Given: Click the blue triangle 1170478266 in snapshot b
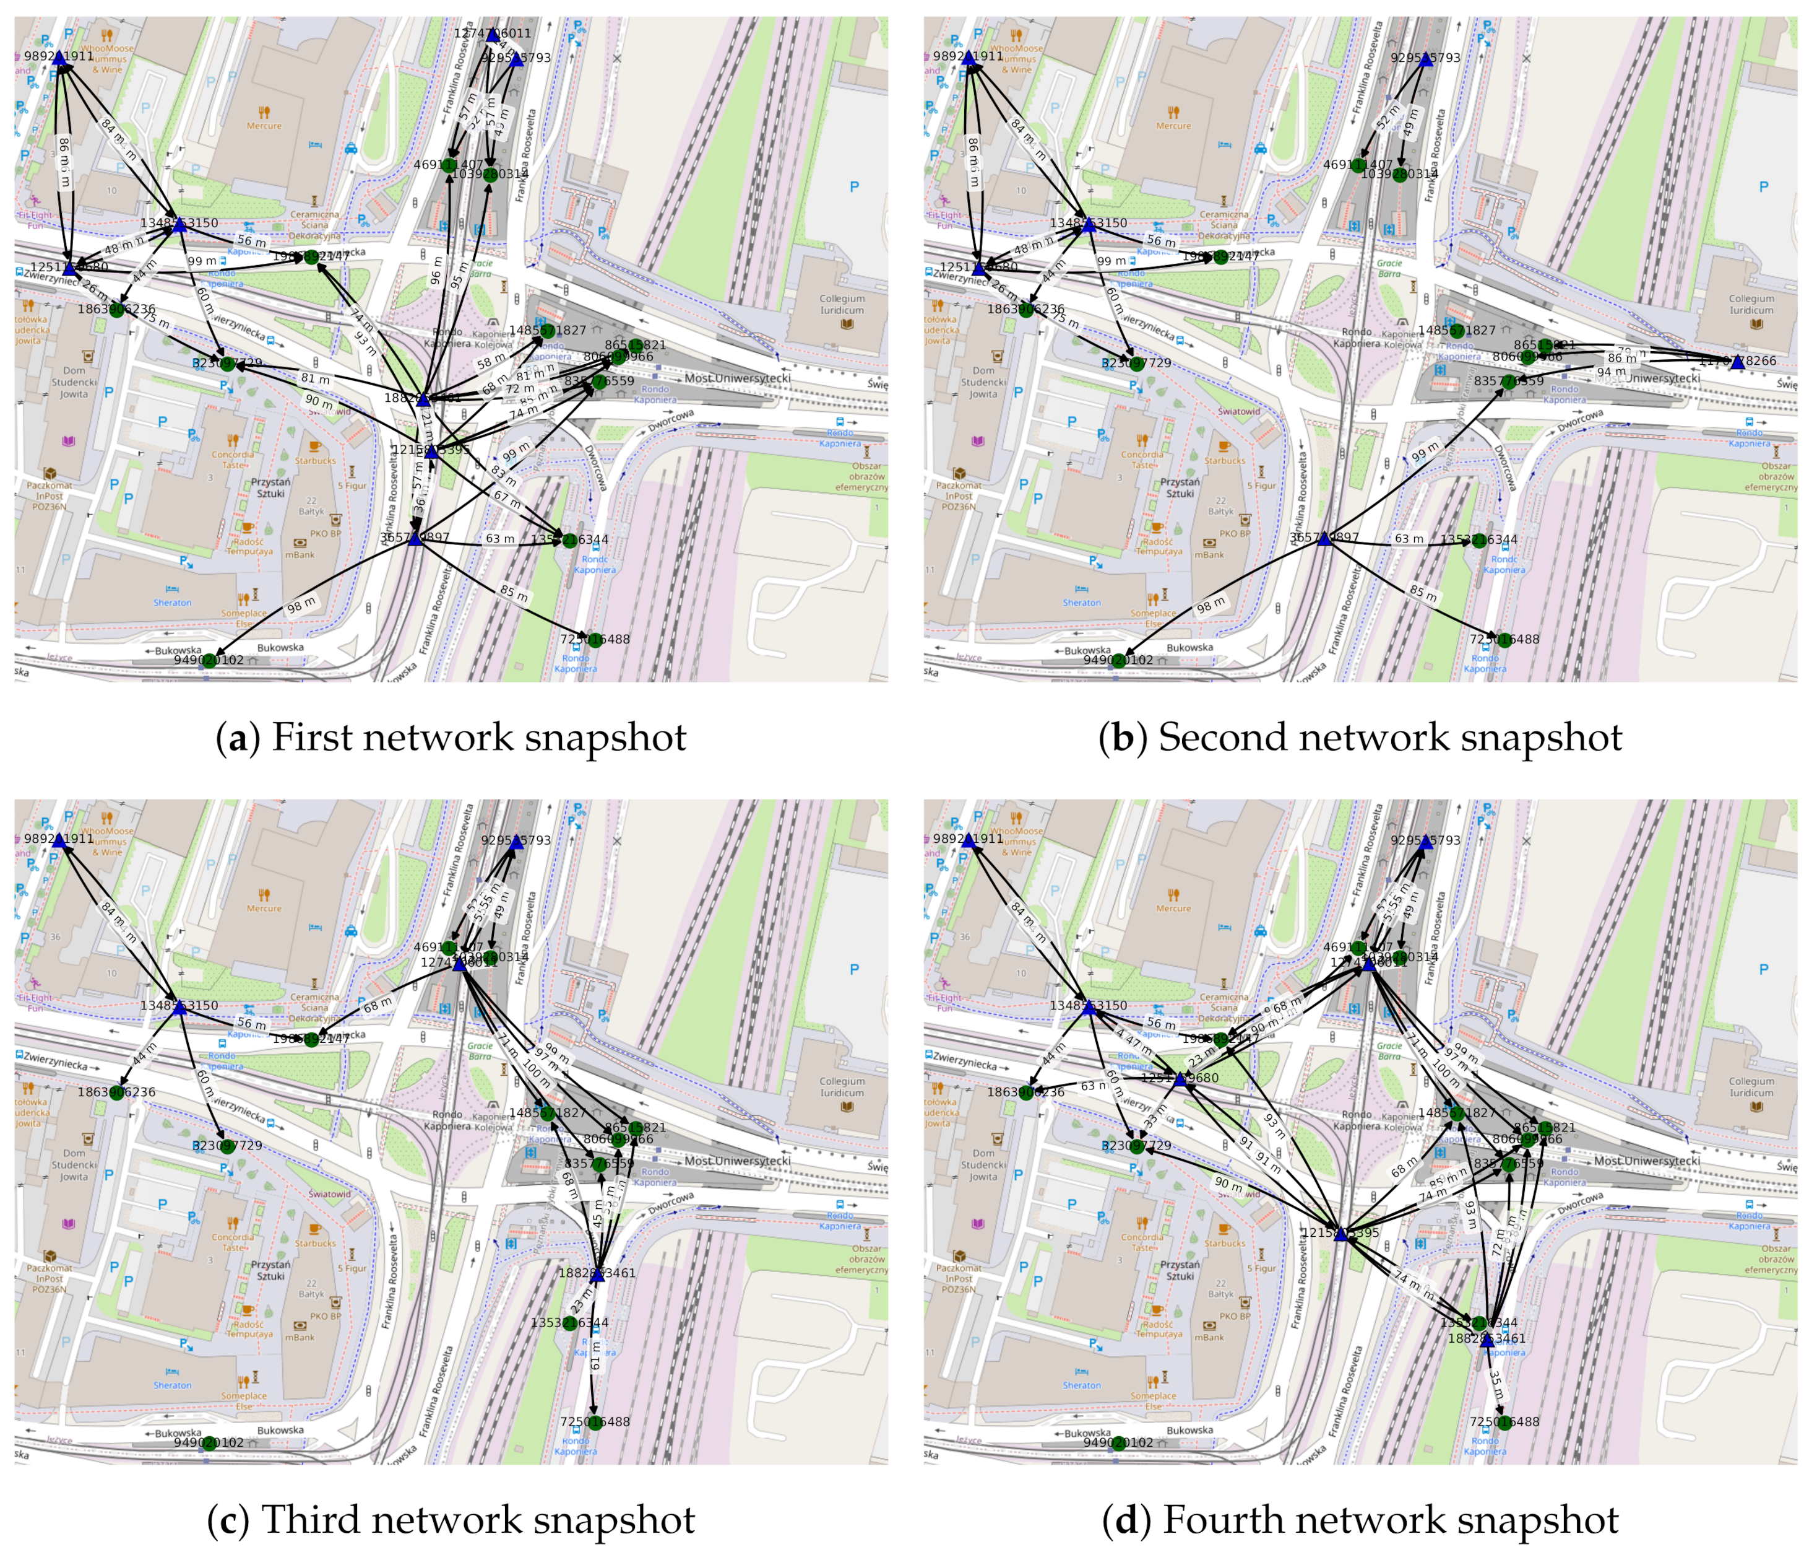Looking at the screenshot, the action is (1737, 362).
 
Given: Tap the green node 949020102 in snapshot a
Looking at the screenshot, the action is (208, 660).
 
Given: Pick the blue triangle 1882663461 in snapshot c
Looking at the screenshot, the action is (597, 1275).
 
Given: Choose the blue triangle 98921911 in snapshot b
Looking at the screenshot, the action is (968, 58).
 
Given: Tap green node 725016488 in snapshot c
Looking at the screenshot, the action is (595, 1422).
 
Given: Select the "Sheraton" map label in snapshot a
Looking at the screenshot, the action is (173, 603).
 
